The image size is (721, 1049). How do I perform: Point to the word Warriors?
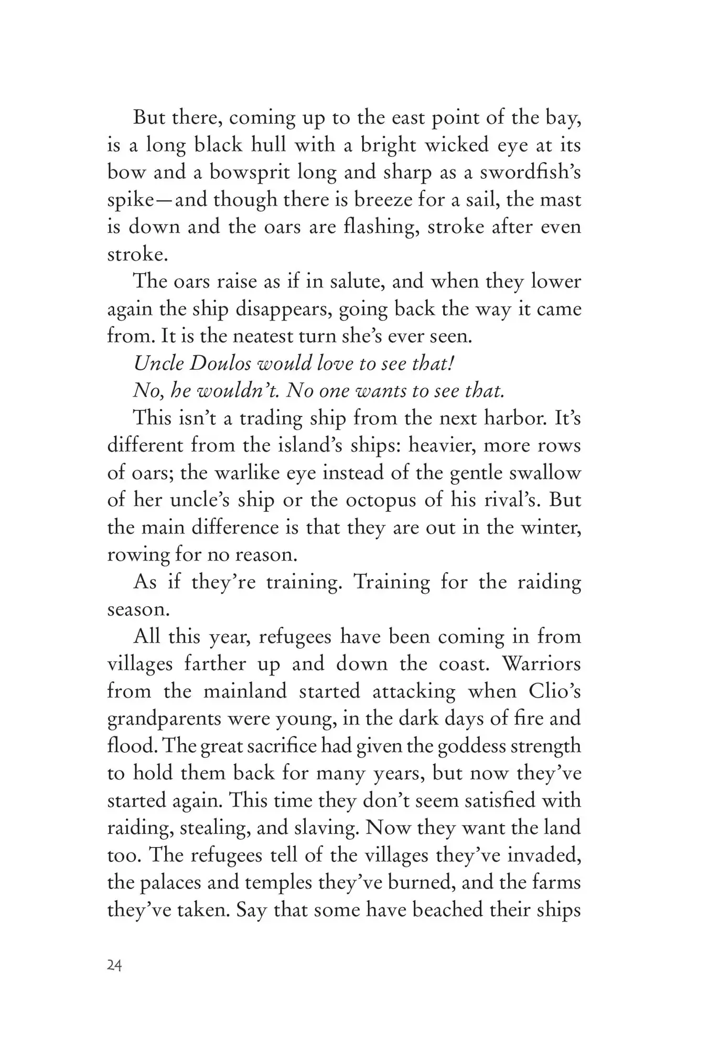point(542,663)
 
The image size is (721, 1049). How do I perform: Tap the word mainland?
point(245,691)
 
